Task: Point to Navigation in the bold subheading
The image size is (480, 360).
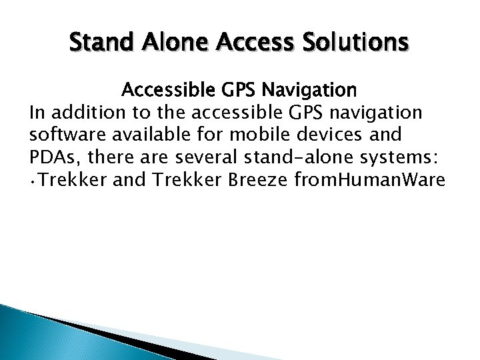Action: pos(304,89)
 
